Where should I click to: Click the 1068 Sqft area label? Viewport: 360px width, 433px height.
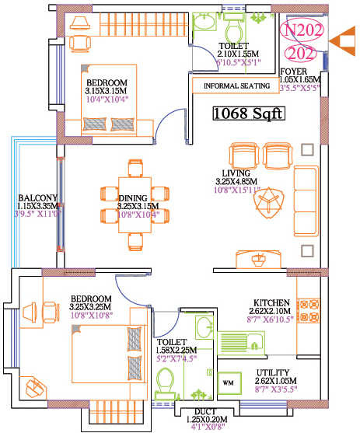coord(248,115)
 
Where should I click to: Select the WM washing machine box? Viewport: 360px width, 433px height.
coord(229,383)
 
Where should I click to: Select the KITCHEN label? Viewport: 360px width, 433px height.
coord(271,302)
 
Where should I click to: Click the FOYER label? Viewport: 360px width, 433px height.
coord(296,71)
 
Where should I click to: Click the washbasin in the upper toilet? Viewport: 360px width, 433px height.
coord(204,25)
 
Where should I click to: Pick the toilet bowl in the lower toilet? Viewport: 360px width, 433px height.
coord(166,383)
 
